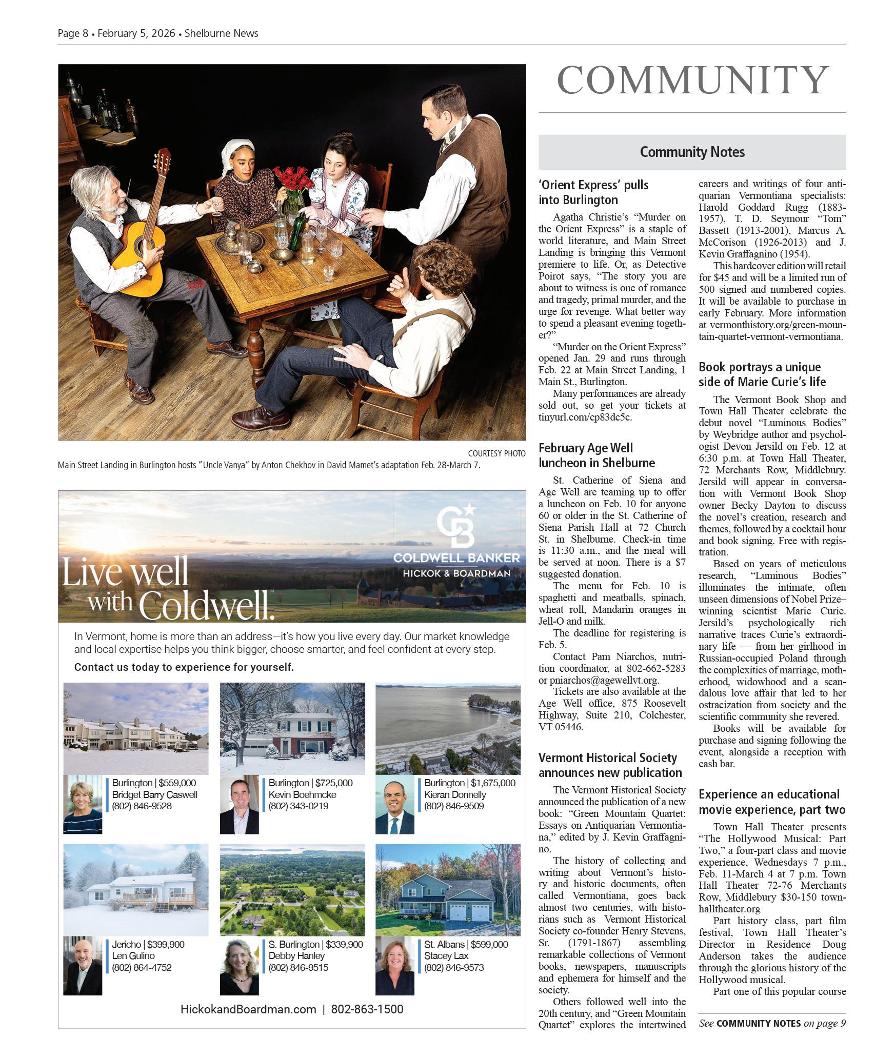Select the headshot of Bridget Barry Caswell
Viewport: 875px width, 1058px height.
pos(83,804)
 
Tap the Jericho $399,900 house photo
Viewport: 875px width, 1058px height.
pos(136,890)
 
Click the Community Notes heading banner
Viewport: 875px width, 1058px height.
pos(692,152)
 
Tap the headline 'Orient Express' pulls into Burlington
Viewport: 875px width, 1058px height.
pos(593,192)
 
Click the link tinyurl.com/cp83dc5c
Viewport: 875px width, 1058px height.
pos(585,417)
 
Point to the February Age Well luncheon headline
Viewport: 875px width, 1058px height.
pos(596,455)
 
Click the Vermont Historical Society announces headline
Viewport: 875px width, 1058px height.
pos(610,765)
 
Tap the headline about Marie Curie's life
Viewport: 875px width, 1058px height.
pos(762,374)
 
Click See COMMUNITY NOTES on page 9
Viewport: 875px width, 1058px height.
pos(772,1023)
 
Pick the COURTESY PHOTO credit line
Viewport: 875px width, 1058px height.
pos(496,453)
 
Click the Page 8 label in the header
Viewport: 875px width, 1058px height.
pos(73,33)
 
